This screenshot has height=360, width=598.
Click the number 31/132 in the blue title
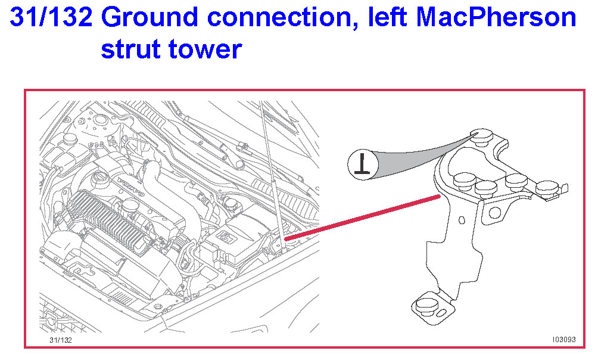pyautogui.click(x=51, y=17)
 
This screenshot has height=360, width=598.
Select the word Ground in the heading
pyautogui.click(x=150, y=17)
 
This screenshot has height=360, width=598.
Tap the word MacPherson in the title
pyautogui.click(x=496, y=17)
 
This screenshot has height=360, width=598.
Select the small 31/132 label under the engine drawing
pyautogui.click(x=60, y=340)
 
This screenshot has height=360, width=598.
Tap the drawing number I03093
pyautogui.click(x=564, y=339)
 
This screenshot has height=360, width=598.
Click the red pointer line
pyautogui.click(x=363, y=218)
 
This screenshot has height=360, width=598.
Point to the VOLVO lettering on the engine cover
pyautogui.click(x=130, y=187)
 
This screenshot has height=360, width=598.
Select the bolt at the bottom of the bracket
pyautogui.click(x=426, y=306)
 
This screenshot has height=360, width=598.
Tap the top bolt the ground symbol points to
pyautogui.click(x=482, y=136)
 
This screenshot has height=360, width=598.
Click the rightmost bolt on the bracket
pyautogui.click(x=547, y=189)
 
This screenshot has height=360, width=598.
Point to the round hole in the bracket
pyautogui.click(x=494, y=212)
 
